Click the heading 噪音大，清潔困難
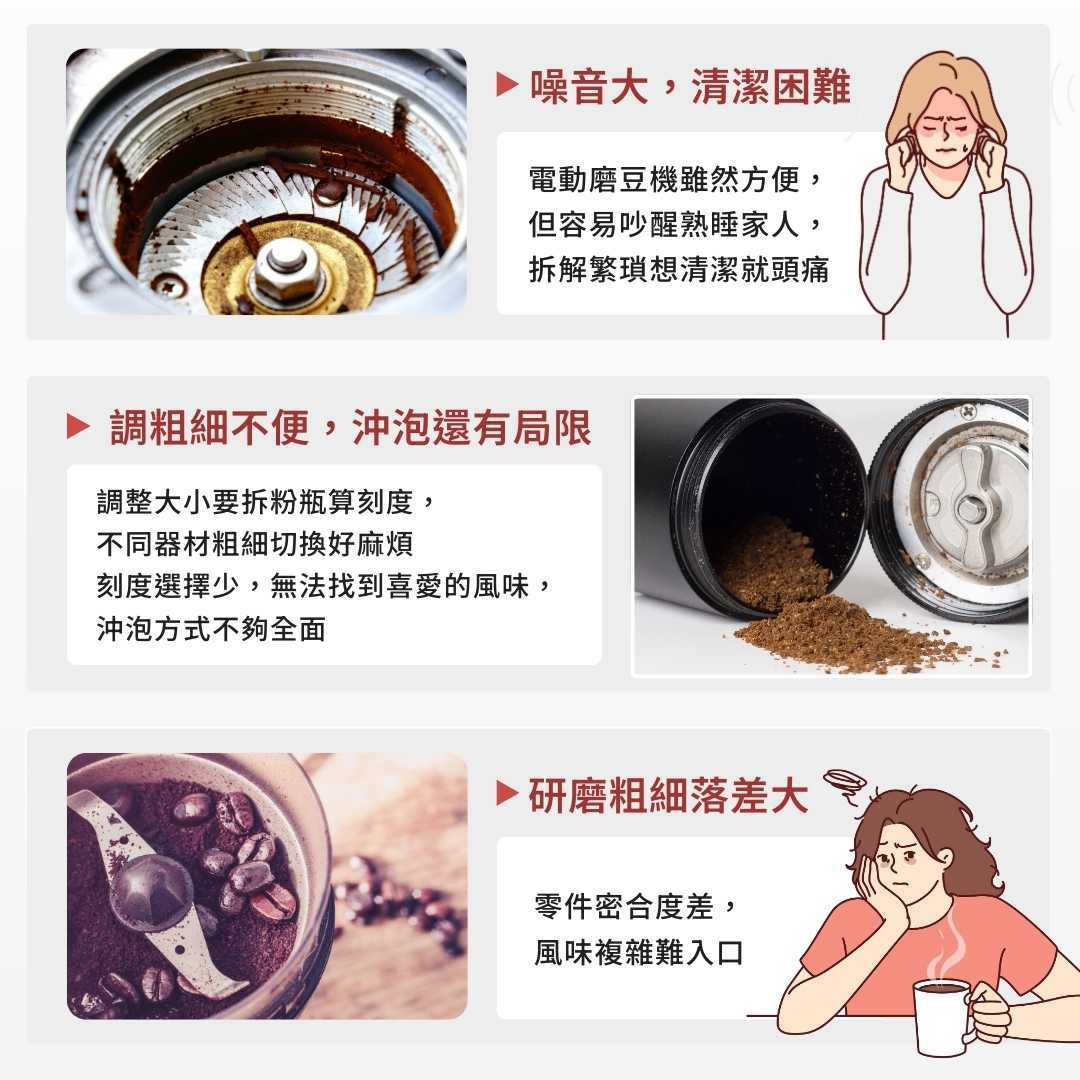pos(690,87)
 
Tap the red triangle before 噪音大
pos(507,84)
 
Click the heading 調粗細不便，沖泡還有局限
pos(351,427)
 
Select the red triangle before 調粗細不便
pos(78,426)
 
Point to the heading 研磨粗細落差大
pos(668,796)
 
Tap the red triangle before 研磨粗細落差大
pos(507,793)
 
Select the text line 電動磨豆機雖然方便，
pos(676,180)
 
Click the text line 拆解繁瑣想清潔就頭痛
pos(678,269)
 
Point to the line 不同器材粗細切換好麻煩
pos(255,544)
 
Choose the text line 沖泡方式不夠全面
pos(211,629)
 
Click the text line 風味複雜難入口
pos(638,953)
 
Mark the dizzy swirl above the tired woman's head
pos(845,783)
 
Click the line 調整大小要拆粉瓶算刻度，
pos(266,501)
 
